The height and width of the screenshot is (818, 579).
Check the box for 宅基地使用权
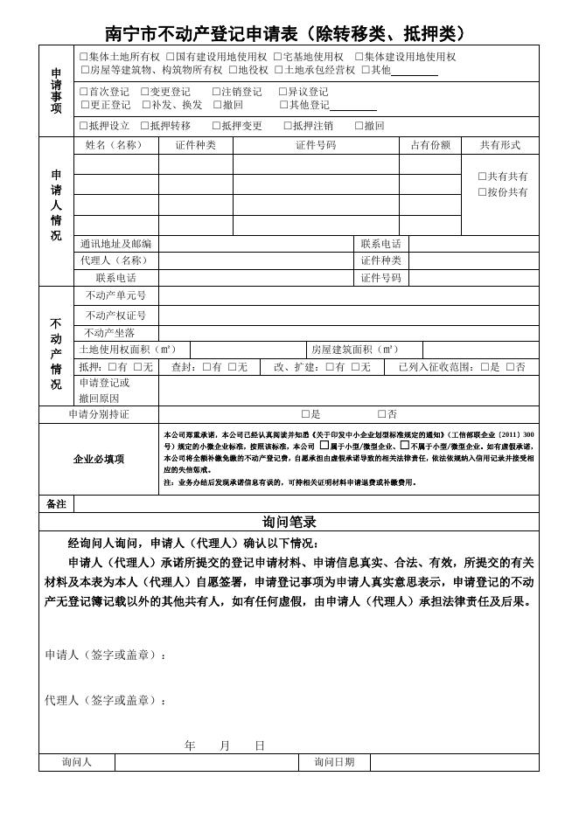[x=277, y=57]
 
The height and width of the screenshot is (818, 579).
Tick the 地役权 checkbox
[x=231, y=69]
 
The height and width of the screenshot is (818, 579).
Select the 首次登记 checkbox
[x=83, y=92]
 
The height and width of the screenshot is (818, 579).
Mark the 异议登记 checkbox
[x=283, y=92]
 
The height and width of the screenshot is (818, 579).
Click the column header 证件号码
[x=315, y=145]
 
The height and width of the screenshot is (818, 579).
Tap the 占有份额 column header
[x=429, y=145]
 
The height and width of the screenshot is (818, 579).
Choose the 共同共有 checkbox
[x=482, y=177]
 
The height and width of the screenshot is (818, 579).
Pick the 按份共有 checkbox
[x=482, y=192]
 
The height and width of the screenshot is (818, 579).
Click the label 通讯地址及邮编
[x=115, y=244]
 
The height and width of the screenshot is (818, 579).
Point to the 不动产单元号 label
[x=115, y=295]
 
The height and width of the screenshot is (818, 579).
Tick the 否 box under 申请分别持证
[x=381, y=414]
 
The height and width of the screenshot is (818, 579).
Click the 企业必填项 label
[x=98, y=459]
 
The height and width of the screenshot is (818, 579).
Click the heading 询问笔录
[x=289, y=522]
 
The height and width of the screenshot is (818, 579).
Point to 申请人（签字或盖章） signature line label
[x=105, y=655]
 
